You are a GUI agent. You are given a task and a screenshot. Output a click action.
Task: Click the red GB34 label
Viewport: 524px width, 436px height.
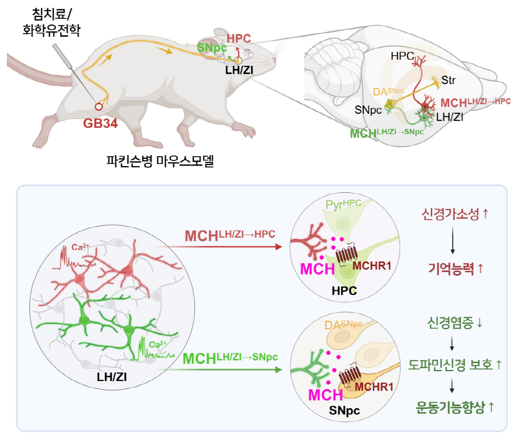pos(100,123)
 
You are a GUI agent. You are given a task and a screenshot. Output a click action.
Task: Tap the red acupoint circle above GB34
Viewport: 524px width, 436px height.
pos(99,106)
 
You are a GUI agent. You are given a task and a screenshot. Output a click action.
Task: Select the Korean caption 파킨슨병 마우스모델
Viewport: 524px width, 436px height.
pos(160,161)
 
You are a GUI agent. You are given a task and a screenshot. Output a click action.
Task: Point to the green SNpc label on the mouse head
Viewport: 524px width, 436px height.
pos(212,48)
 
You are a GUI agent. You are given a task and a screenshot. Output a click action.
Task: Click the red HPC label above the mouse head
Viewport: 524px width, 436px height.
pos(239,38)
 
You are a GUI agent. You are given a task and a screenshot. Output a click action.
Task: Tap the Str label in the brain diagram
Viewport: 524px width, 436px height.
pos(449,80)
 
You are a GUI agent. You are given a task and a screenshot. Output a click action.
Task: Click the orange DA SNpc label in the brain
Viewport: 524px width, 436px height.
pos(388,92)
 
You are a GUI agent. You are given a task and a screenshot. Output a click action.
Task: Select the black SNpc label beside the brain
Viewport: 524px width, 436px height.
pos(368,110)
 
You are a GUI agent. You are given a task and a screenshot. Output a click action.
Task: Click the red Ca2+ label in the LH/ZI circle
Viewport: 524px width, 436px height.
pos(81,247)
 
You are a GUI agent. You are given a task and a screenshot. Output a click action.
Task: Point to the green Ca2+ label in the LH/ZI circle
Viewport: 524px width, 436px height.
pos(158,344)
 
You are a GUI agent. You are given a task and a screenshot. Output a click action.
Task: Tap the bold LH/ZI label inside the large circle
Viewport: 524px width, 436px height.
pos(112,377)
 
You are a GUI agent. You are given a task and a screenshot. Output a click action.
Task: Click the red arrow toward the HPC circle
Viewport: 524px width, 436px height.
pos(219,247)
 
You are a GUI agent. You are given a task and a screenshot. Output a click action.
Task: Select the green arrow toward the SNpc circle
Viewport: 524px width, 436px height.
pos(219,369)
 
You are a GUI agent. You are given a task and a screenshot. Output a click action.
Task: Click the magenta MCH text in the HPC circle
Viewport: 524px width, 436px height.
pos(318,269)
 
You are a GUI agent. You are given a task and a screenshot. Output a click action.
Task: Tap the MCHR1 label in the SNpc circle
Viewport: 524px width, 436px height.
pos(374,387)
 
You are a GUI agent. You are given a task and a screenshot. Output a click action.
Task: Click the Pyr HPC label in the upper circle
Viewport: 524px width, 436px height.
pos(344,204)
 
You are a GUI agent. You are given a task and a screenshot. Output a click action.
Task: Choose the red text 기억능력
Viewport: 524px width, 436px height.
pos(451,268)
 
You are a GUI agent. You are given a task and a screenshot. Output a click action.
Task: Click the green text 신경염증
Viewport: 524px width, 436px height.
pos(450,323)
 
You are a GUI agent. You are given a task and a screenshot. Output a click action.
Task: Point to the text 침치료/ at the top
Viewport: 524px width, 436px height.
pos(52,14)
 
